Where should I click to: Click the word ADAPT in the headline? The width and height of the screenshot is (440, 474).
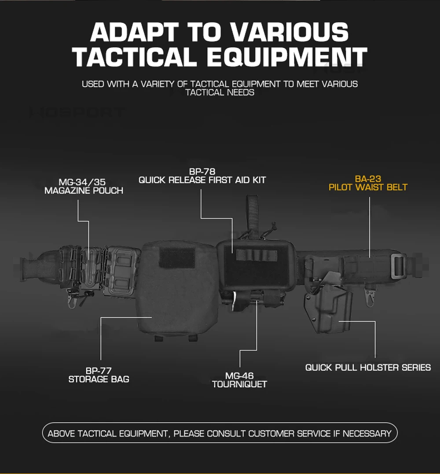(135, 32)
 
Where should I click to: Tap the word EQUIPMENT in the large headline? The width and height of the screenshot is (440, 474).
(287, 57)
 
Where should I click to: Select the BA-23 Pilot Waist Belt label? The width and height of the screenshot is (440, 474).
(368, 183)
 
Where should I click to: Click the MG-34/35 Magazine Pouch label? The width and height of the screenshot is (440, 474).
(84, 186)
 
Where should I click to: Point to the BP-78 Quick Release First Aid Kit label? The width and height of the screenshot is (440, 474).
(202, 176)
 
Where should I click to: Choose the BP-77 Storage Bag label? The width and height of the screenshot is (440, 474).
(99, 375)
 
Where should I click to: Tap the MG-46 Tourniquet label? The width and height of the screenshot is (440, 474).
(239, 380)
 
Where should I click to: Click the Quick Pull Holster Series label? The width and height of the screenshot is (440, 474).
(368, 367)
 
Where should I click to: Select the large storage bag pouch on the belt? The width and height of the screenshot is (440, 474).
(178, 289)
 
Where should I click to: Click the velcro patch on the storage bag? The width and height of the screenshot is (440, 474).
(177, 257)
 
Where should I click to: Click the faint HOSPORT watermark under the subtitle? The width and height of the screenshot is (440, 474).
(77, 113)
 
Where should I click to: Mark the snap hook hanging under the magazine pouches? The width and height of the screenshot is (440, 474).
(72, 299)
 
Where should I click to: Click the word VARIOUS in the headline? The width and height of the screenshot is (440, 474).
(289, 32)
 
